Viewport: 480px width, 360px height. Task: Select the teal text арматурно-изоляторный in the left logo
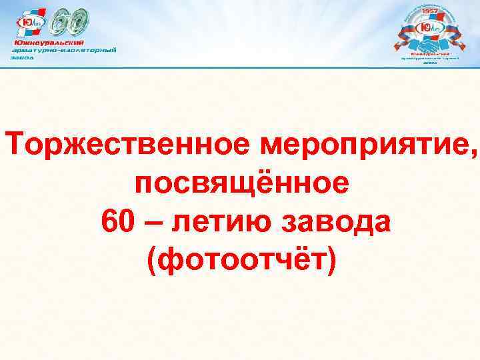[x=64, y=50]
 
